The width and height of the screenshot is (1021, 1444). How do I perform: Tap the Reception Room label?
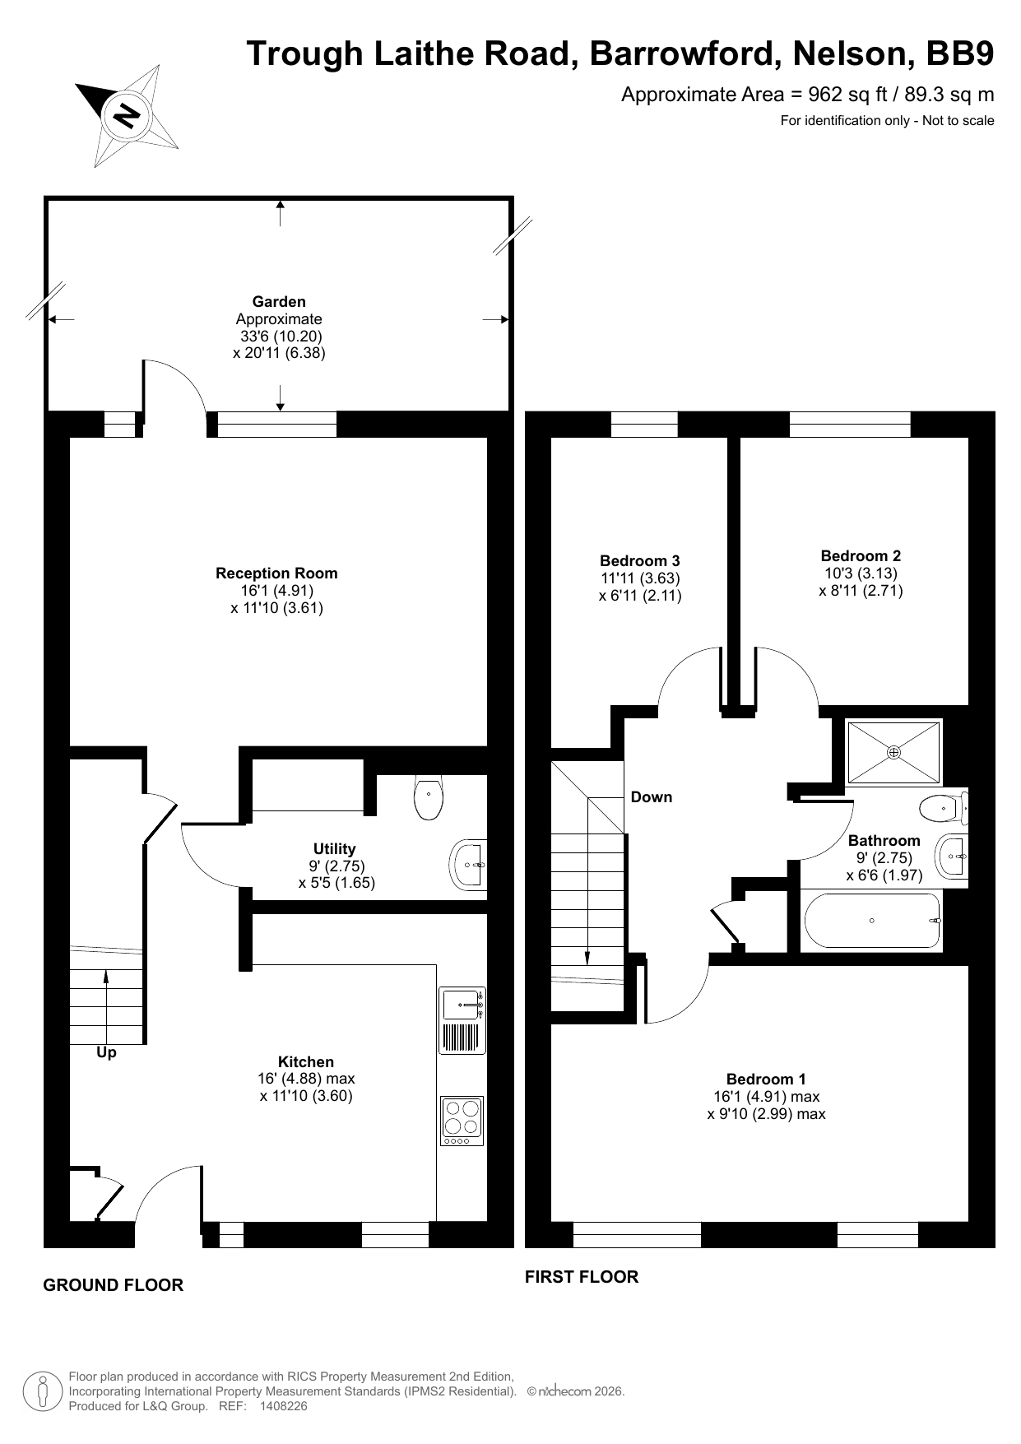tap(276, 573)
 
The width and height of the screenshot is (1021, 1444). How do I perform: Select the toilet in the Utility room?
tap(429, 797)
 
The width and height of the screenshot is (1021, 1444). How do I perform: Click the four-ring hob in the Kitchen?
tap(462, 1121)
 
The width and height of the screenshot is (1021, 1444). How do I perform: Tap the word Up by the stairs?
tap(107, 1052)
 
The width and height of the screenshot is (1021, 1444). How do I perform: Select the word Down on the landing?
tap(652, 796)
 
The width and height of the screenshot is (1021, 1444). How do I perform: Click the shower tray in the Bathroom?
tap(894, 752)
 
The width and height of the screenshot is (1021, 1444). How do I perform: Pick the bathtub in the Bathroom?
tap(872, 921)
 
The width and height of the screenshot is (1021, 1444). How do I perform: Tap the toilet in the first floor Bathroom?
tap(943, 809)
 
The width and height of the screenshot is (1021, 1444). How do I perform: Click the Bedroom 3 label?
tap(640, 561)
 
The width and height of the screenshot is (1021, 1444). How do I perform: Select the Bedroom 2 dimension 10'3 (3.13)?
tap(861, 573)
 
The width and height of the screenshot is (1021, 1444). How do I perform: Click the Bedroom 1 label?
tap(766, 1079)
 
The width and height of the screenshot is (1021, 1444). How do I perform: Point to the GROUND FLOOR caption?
tap(113, 1285)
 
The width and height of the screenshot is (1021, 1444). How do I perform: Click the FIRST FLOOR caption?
tap(582, 1277)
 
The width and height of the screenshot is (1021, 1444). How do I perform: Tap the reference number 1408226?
tap(283, 1406)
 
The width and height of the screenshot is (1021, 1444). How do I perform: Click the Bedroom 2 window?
tap(851, 424)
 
